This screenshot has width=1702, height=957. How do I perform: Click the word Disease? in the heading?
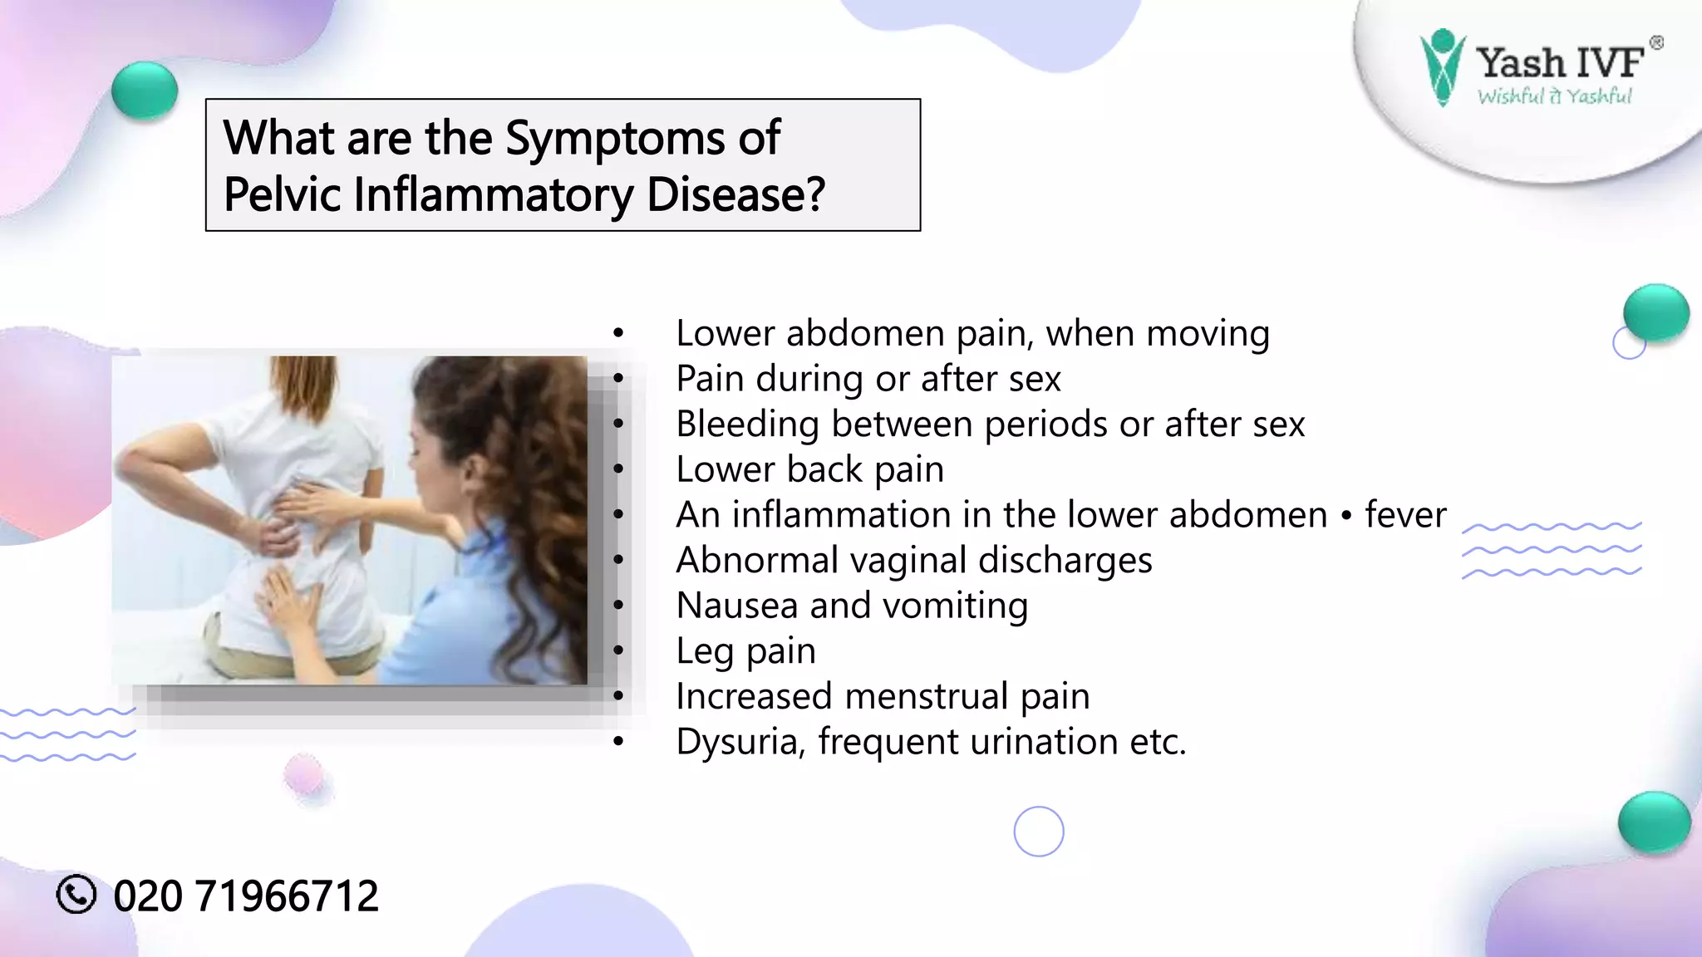coord(735,195)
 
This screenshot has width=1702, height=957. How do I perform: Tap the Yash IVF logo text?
coord(1559,62)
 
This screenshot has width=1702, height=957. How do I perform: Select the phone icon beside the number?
coord(76,895)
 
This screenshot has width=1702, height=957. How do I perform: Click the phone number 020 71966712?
coord(246,896)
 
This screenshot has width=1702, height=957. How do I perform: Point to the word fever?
coord(1405,515)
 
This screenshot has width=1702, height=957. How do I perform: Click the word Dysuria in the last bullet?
coord(740,742)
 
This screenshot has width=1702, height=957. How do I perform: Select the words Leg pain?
coord(745,650)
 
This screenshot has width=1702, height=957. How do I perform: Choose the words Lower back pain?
coord(809,469)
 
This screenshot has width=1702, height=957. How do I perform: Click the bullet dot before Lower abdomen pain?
coord(617,334)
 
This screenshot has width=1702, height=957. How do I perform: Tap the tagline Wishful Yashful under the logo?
coord(1554,96)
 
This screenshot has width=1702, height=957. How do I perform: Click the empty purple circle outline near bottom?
coord(1039,831)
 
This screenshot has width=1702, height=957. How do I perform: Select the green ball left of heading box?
coord(145,90)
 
